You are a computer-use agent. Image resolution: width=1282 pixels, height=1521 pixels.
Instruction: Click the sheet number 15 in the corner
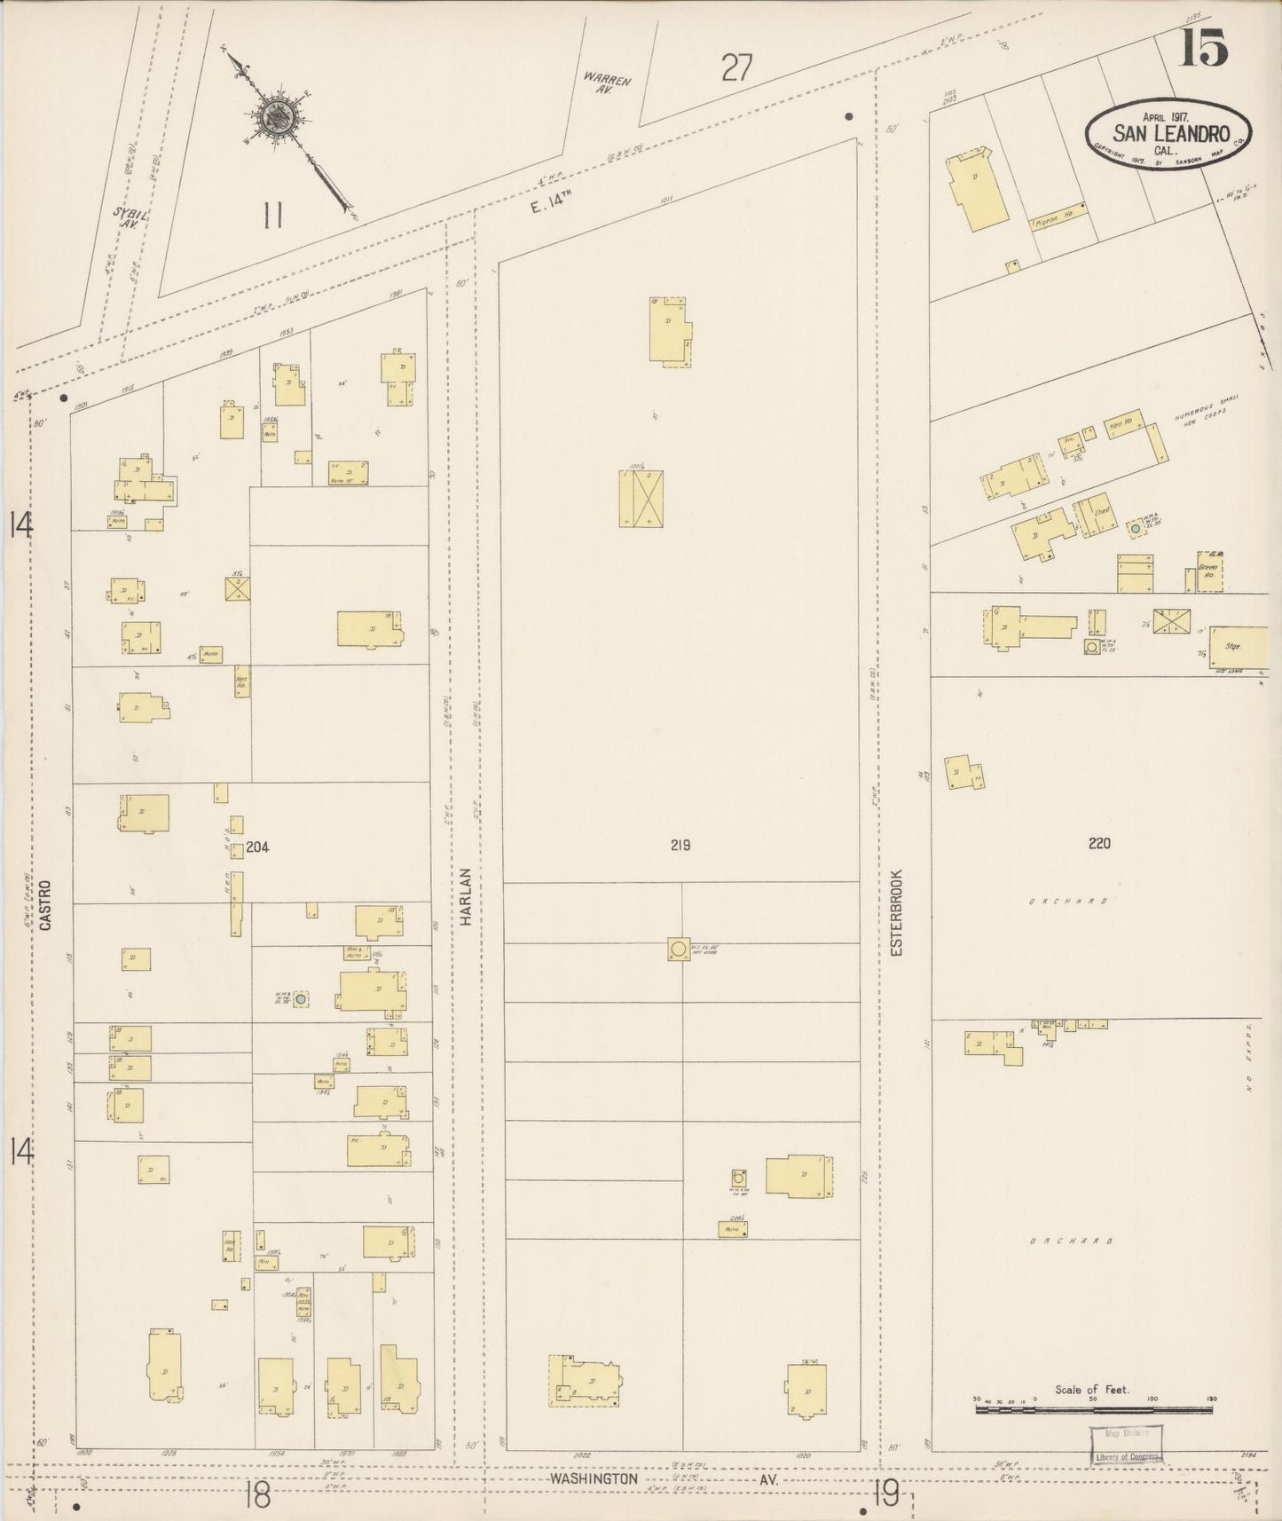[x=1203, y=47]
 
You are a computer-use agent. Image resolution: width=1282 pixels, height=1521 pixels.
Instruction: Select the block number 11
[x=272, y=215]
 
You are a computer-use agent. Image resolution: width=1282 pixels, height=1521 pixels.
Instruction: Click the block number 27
[x=736, y=68]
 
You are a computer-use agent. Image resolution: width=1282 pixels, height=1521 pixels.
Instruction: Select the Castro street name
[x=45, y=904]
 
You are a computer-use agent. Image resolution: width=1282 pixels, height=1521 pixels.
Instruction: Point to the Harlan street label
[x=465, y=897]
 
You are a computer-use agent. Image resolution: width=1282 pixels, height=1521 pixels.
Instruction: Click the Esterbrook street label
[x=896, y=911]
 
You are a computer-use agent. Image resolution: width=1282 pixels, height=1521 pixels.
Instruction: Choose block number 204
[x=257, y=847]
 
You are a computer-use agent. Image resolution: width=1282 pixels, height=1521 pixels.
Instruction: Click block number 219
[x=680, y=845]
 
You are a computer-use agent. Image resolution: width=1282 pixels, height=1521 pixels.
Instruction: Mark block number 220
[x=1098, y=843]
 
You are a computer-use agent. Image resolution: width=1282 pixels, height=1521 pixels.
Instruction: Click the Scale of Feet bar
[x=1093, y=1408]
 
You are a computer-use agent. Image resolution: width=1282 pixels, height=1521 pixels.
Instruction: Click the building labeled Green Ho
[x=1208, y=571]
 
